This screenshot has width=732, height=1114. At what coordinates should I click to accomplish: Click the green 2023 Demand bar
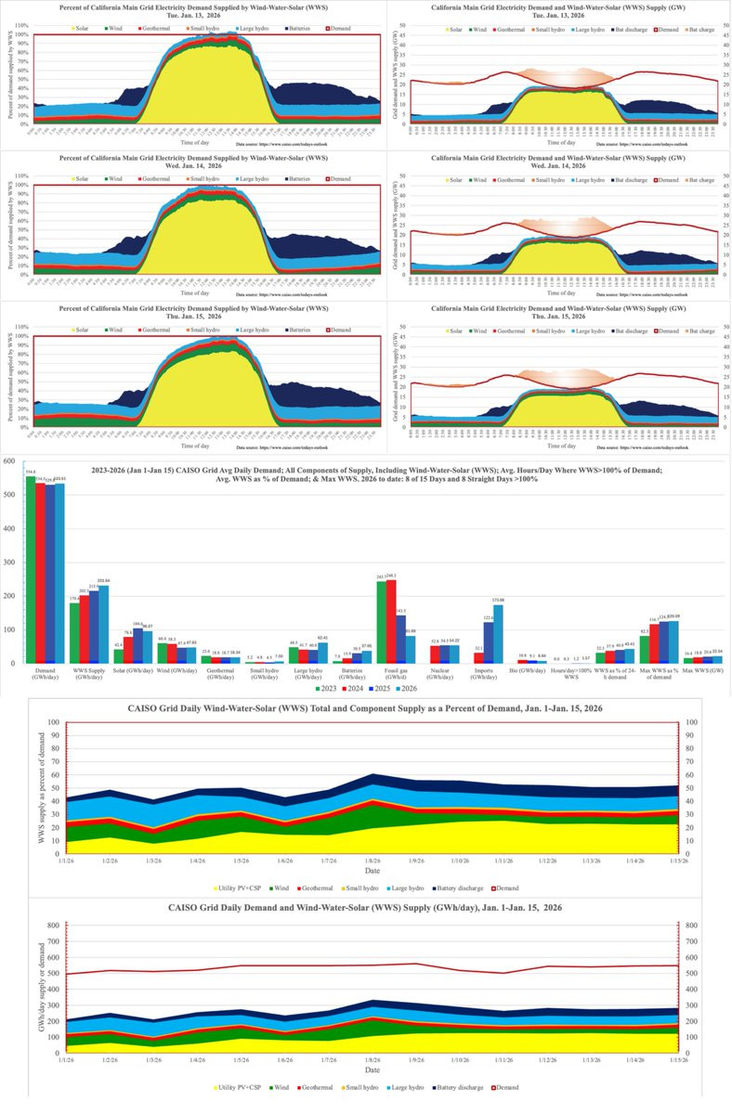click(x=32, y=571)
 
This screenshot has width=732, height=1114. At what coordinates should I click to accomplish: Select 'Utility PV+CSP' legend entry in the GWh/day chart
click(x=243, y=1086)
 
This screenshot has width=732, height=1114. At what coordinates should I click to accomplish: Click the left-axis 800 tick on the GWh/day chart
click(x=49, y=924)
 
